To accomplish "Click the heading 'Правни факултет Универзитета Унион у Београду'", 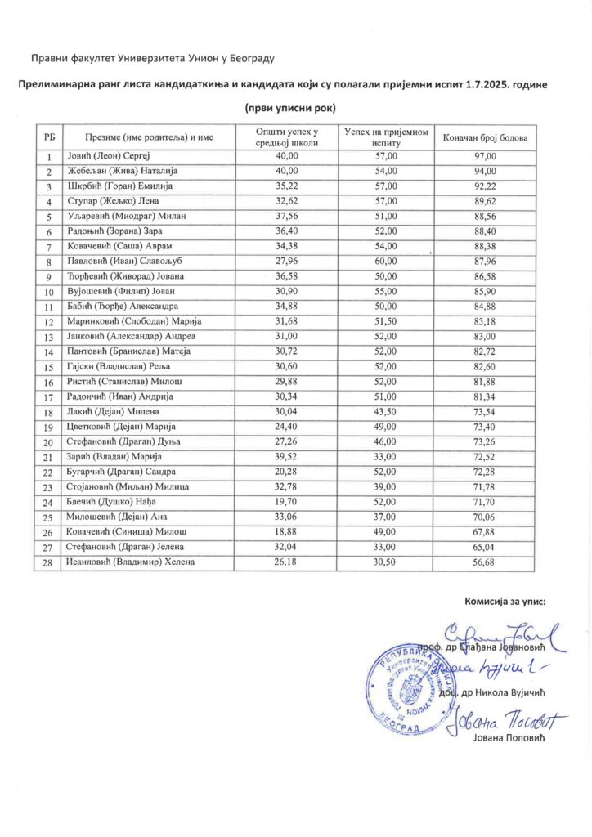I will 152,58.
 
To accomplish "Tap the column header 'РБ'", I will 49,137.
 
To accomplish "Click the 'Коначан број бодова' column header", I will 486,137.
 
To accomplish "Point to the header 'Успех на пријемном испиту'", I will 386,137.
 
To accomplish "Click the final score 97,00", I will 486,156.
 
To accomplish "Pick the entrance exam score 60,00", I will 386,260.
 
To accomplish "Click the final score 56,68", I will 486,562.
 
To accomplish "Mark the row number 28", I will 49,562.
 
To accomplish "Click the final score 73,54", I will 486,411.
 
